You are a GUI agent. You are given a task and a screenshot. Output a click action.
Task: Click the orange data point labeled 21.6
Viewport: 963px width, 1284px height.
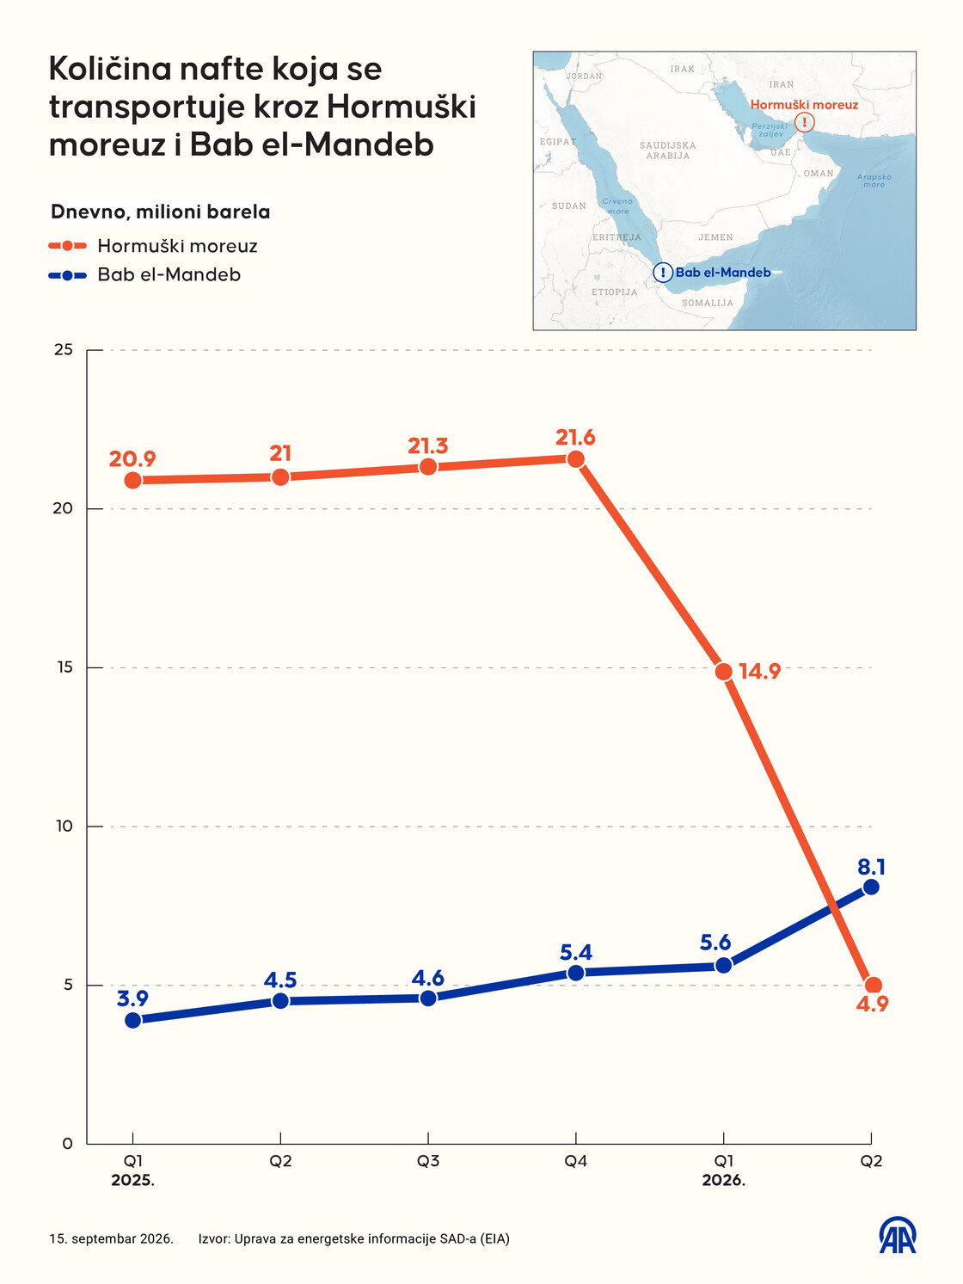(575, 459)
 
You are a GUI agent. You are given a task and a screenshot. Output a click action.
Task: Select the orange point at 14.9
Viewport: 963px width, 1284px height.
(723, 672)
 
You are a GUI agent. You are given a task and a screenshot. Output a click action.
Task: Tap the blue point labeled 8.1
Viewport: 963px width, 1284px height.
(871, 888)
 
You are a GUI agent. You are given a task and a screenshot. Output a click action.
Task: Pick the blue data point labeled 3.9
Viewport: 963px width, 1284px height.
(132, 1020)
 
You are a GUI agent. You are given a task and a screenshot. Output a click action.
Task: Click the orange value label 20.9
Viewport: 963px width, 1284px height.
(132, 459)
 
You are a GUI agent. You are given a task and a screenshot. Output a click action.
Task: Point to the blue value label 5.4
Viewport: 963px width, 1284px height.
(576, 953)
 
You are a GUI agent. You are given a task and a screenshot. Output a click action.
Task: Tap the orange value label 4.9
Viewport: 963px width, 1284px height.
(872, 1004)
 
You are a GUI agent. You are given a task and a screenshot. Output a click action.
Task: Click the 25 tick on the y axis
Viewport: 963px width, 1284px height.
(63, 350)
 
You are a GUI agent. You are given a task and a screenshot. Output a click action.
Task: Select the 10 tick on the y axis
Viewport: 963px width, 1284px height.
(63, 826)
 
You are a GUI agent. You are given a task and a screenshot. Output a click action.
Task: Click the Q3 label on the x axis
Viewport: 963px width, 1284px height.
(428, 1161)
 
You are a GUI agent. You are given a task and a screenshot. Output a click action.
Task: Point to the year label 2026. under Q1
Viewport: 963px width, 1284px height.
(723, 1181)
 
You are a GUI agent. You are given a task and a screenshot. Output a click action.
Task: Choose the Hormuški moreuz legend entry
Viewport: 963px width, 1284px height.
(153, 246)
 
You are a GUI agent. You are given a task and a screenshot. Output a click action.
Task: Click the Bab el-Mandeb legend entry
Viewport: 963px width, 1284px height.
(144, 275)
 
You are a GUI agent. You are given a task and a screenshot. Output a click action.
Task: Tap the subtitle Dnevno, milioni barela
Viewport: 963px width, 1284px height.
(160, 212)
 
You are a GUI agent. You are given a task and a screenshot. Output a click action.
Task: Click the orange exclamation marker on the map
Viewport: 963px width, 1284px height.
(805, 122)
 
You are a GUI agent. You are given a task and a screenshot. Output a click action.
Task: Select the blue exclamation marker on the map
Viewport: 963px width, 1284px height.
(662, 273)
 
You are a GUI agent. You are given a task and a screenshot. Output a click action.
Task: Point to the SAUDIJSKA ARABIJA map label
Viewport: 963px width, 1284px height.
(668, 151)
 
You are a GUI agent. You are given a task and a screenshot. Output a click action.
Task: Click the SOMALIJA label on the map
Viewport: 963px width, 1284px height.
(708, 303)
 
